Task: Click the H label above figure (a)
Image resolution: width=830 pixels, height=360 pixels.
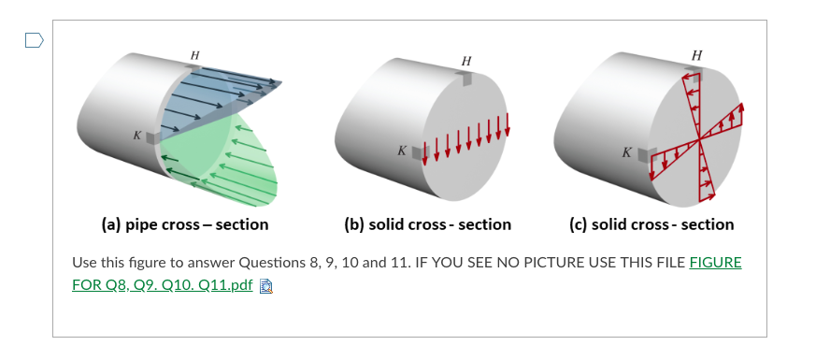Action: (x=194, y=56)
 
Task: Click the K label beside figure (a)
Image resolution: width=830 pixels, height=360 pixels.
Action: (x=137, y=136)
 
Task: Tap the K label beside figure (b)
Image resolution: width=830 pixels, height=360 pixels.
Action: (x=401, y=151)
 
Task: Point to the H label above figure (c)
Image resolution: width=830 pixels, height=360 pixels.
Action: (x=696, y=55)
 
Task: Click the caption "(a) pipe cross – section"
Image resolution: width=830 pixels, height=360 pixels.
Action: (x=184, y=224)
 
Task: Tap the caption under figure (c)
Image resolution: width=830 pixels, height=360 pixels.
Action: (x=651, y=224)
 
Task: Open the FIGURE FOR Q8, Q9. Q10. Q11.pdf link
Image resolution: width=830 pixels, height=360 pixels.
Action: (x=407, y=274)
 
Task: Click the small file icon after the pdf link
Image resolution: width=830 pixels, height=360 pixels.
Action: (x=265, y=285)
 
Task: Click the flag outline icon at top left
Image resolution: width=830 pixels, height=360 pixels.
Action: (x=33, y=40)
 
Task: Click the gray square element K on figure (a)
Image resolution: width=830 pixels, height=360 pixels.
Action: (x=153, y=137)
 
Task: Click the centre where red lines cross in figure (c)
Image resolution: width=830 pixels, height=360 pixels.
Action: (x=699, y=139)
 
